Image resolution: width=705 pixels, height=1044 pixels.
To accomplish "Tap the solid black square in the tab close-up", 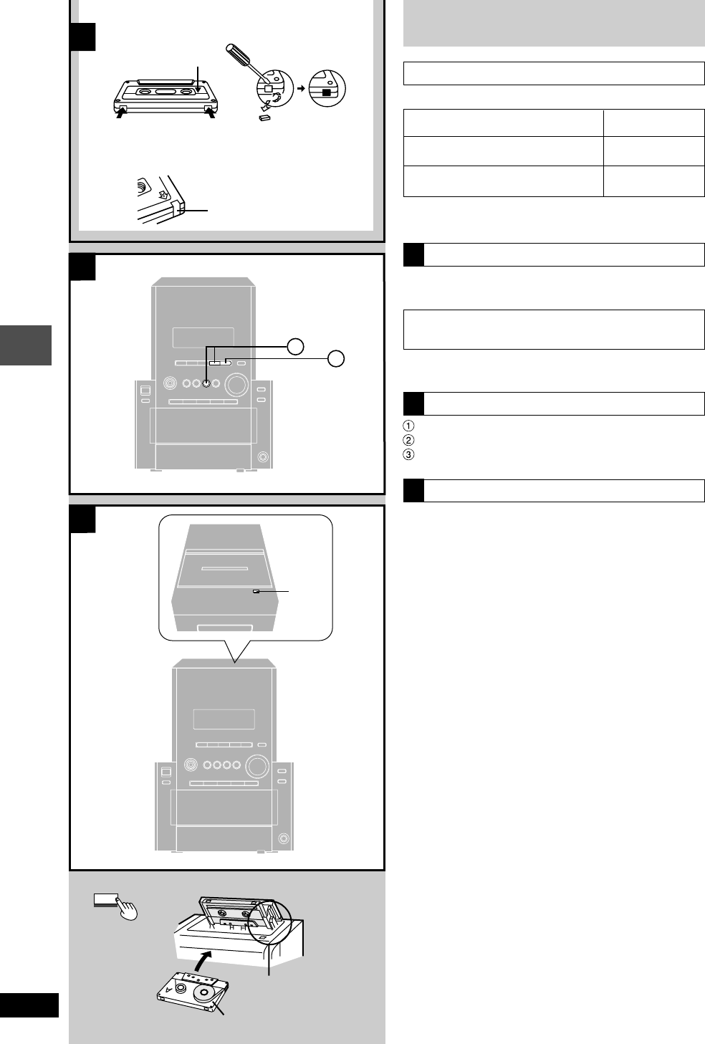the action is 327,92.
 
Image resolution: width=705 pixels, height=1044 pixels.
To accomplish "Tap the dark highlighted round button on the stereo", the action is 206,383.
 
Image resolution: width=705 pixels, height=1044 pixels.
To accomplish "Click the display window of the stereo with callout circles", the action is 203,340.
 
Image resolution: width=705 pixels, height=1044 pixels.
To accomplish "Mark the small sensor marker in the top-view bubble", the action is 256,592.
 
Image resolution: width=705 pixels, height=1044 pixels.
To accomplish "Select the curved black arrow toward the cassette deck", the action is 206,957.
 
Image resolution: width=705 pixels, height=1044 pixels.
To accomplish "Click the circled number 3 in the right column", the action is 408,454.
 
